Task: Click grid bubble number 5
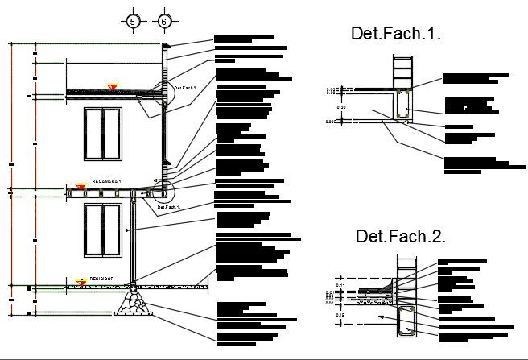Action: click(x=134, y=22)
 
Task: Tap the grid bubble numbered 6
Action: click(x=164, y=22)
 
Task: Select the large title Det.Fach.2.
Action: click(x=401, y=236)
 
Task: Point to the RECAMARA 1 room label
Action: click(x=105, y=183)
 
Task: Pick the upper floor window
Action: click(x=101, y=134)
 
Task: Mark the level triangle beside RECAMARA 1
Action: click(x=80, y=185)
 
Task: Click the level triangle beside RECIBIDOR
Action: click(x=80, y=281)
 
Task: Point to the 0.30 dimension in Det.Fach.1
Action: click(x=340, y=106)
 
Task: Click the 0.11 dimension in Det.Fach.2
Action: click(x=340, y=285)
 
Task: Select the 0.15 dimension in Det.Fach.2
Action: click(x=340, y=314)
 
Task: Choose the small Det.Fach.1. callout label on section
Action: click(x=167, y=207)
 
